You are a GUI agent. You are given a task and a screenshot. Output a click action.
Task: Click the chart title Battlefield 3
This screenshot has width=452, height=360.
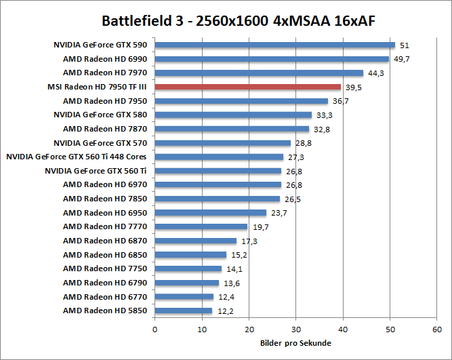pos(238,20)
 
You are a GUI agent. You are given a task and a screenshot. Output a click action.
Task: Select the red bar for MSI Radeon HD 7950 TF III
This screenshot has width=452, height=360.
pos(248,87)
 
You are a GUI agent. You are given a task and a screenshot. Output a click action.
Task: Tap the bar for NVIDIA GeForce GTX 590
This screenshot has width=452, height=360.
pos(274,45)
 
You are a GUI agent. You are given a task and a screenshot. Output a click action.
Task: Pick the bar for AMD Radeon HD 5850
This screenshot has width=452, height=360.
pos(183,311)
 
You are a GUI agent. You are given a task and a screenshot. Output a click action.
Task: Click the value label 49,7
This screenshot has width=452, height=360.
pos(402,59)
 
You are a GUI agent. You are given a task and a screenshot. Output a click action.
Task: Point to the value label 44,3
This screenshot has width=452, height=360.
pos(377,73)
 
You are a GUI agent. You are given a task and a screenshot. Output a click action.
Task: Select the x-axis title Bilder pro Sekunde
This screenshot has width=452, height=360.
pos(295,343)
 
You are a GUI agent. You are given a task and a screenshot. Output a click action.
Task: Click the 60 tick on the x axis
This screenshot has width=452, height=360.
pos(437,329)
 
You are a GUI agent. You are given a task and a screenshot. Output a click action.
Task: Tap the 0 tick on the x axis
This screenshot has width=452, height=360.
pos(155,329)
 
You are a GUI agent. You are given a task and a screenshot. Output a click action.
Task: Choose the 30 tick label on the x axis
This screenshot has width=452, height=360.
pos(296,329)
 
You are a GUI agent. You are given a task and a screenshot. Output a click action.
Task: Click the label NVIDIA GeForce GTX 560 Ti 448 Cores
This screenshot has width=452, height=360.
pos(77,157)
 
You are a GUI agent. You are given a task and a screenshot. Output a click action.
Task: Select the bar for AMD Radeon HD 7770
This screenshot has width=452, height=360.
pos(201,226)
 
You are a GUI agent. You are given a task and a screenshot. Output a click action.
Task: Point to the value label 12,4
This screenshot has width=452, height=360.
pos(226,297)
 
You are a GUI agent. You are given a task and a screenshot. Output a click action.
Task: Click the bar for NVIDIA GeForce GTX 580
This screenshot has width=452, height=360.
pos(233,115)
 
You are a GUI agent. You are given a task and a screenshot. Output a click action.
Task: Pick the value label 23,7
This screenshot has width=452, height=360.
pos(279,213)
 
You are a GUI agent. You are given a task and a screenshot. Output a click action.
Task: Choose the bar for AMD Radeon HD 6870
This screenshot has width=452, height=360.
pos(195,241)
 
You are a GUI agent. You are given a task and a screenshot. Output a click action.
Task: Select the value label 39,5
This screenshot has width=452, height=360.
pos(354,87)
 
